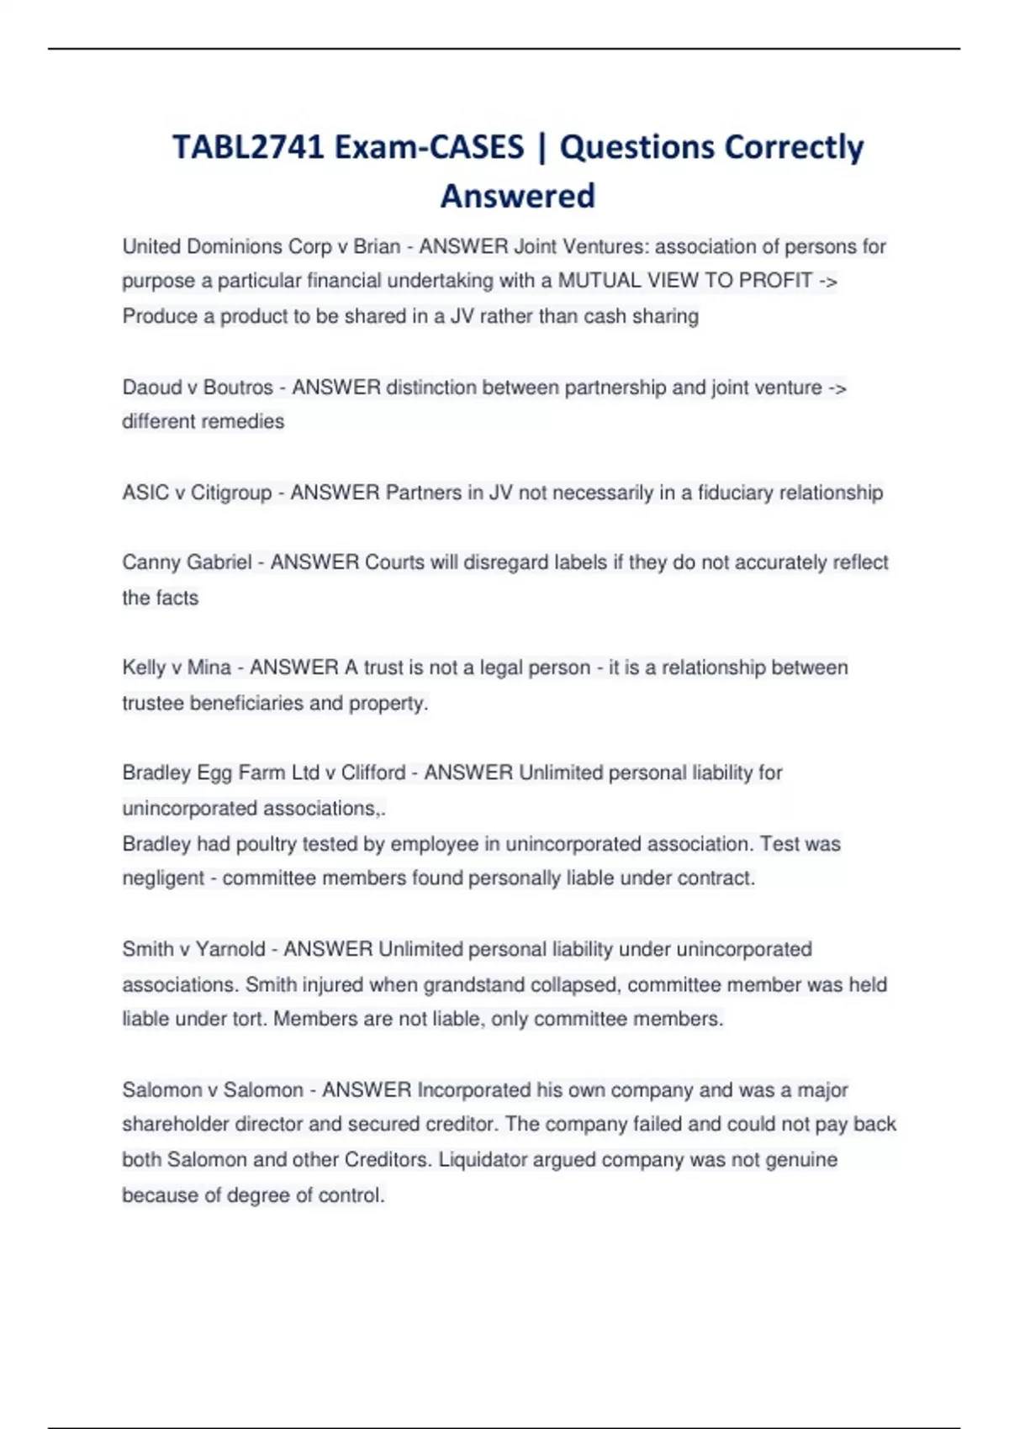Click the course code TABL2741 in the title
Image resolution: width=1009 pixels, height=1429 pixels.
pos(248,147)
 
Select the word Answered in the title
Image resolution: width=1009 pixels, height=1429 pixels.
pos(518,196)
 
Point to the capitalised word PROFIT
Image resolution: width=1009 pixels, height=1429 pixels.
pos(775,281)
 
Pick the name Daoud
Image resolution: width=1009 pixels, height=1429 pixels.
pos(151,388)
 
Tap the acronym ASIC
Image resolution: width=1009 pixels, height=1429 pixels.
pos(145,493)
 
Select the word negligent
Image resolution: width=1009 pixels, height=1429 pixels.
pos(162,878)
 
